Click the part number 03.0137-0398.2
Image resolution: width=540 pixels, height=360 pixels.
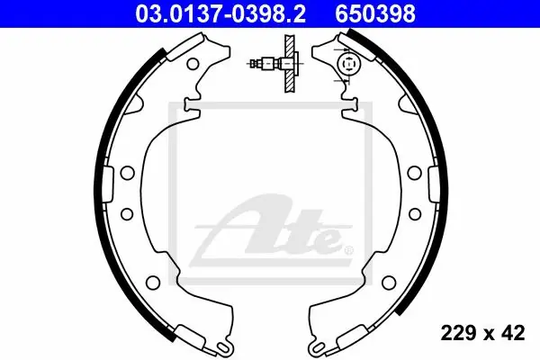[220, 13]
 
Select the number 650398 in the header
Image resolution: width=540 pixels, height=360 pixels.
[375, 13]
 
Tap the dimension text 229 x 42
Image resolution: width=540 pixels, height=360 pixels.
[482, 333]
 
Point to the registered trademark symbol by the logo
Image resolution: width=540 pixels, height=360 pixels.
[348, 250]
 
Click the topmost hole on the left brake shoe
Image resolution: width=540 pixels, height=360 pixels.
[193, 64]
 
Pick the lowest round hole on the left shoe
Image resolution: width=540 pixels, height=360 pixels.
[153, 282]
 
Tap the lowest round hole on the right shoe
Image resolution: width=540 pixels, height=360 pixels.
[389, 282]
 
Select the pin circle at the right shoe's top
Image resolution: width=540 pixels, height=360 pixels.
[349, 64]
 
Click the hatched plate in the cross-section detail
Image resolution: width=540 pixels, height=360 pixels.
[291, 63]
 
